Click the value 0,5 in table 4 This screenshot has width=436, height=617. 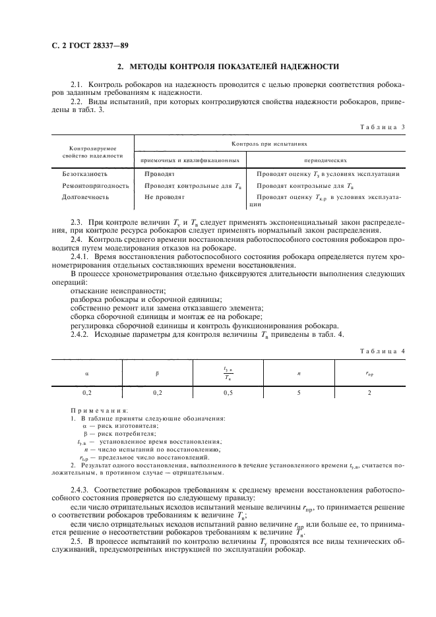tap(228, 392)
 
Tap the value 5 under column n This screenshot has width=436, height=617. tap(299, 392)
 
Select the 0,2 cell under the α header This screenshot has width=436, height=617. tap(86, 392)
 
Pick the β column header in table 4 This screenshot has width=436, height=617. tap(157, 373)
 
